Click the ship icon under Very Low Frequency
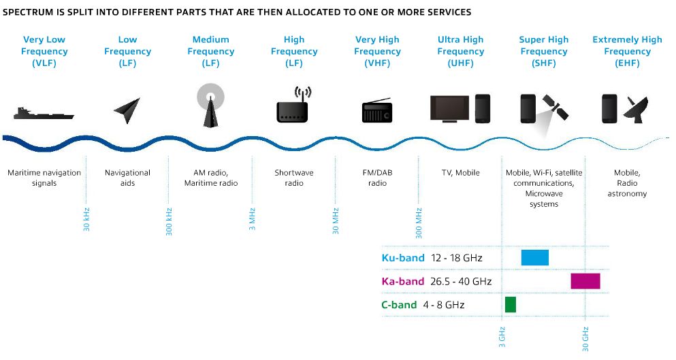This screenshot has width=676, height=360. [x=44, y=114]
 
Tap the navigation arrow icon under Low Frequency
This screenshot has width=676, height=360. [x=127, y=110]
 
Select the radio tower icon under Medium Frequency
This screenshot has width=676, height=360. [x=210, y=105]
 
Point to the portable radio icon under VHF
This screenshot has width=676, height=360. [x=377, y=110]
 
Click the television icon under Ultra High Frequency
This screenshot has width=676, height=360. [x=450, y=109]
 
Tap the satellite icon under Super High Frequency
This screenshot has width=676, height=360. [x=556, y=108]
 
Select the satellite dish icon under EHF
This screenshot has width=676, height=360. [x=636, y=110]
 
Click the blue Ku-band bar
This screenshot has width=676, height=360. [x=534, y=257]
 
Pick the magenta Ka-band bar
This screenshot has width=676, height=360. [x=585, y=280]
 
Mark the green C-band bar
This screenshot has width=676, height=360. [x=511, y=304]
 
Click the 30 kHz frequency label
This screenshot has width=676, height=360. [x=86, y=219]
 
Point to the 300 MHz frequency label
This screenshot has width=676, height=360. [x=419, y=223]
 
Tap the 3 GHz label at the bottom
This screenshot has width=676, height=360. [x=502, y=337]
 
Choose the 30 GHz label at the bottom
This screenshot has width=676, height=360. [x=585, y=339]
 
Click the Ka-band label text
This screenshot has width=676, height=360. [x=402, y=282]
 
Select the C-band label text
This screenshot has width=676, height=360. [x=399, y=305]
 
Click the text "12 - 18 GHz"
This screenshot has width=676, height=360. [x=456, y=258]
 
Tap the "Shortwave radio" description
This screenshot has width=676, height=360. [x=294, y=178]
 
